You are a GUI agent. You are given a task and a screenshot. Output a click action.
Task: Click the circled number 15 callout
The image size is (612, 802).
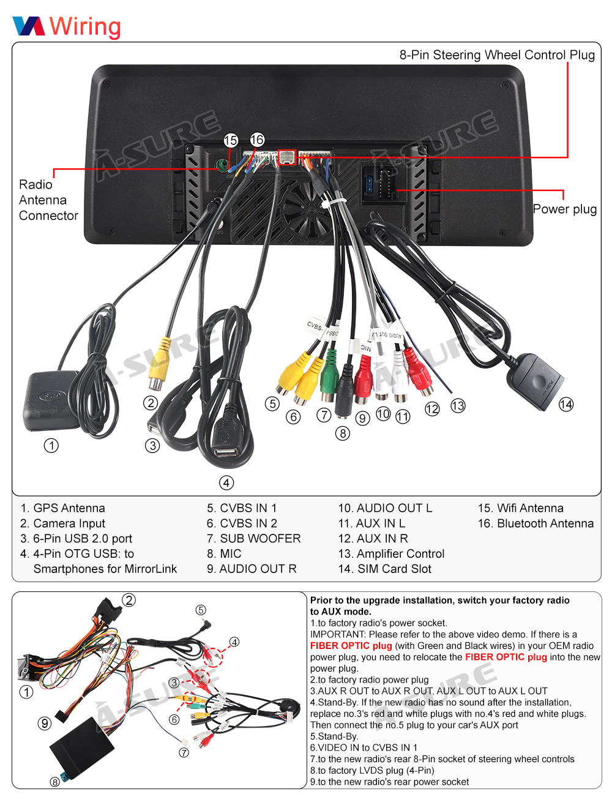pos(231,141)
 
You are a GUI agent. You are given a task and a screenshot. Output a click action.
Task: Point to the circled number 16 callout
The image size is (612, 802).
pos(257,140)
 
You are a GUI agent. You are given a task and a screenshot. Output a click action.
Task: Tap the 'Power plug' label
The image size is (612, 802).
pos(564,209)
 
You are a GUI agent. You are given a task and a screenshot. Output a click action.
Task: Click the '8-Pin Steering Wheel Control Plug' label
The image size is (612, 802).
pos(497,55)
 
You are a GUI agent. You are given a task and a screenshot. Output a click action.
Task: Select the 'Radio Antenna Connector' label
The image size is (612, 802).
pos(48,200)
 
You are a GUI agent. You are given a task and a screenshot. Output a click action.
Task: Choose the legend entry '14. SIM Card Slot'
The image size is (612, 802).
pos(385,569)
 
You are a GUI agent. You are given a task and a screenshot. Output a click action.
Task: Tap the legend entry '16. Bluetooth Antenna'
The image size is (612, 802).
pos(535,523)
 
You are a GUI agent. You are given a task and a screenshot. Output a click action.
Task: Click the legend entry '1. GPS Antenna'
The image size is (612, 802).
pos(63,508)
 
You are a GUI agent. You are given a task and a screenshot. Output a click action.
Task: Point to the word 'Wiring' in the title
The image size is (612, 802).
pos(85,26)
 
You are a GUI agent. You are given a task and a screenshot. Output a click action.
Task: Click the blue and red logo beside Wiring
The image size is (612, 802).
pos(29,26)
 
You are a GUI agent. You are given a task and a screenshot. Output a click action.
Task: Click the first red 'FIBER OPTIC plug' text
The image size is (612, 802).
pos(351,646)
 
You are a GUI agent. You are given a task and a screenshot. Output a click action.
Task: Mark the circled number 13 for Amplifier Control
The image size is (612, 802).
pos(458,405)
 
